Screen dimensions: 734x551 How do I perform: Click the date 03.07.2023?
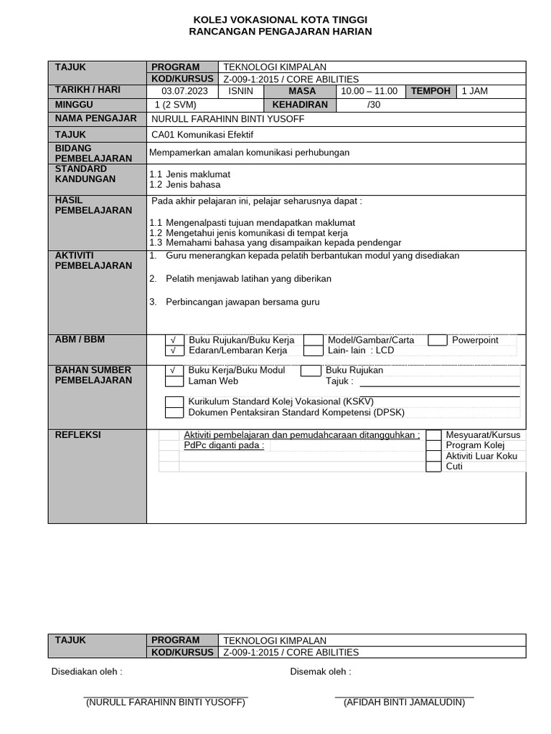[x=184, y=91]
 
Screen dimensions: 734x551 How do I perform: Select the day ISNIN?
[x=240, y=91]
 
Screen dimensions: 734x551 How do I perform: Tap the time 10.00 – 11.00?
[x=369, y=91]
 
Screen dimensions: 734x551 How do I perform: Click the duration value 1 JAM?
[x=475, y=91]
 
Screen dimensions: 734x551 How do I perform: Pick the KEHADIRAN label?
[x=301, y=105]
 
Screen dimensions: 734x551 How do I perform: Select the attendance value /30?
[x=374, y=105]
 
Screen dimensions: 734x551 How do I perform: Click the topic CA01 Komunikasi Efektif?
[x=202, y=134]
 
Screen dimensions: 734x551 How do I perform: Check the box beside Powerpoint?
[x=437, y=340]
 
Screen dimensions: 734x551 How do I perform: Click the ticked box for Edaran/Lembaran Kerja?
[x=173, y=351]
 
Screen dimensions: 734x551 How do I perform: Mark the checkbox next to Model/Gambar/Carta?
[x=313, y=340]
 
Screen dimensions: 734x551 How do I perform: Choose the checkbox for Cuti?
[x=433, y=467]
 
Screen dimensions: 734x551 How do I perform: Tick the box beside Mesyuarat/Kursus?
[x=433, y=435]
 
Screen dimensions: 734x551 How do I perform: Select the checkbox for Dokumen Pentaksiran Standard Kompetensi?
[x=174, y=412]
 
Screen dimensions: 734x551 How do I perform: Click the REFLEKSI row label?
[x=77, y=434]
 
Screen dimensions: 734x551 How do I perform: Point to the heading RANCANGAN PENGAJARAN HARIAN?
[x=280, y=32]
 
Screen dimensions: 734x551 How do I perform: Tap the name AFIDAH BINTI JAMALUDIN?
[x=404, y=702]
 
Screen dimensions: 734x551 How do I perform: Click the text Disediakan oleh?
[x=87, y=672]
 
